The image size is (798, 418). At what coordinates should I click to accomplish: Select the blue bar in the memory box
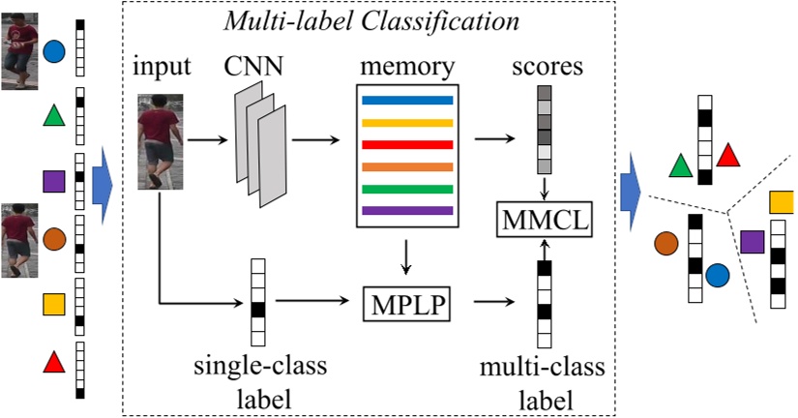pos(406,100)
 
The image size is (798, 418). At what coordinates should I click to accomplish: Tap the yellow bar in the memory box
pos(406,122)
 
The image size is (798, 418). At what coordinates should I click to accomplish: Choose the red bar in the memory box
pos(406,144)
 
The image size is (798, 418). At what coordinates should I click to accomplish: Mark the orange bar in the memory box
pos(406,166)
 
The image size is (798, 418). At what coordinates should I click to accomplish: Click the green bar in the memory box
pos(406,188)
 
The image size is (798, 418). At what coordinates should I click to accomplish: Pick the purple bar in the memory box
pos(406,210)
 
